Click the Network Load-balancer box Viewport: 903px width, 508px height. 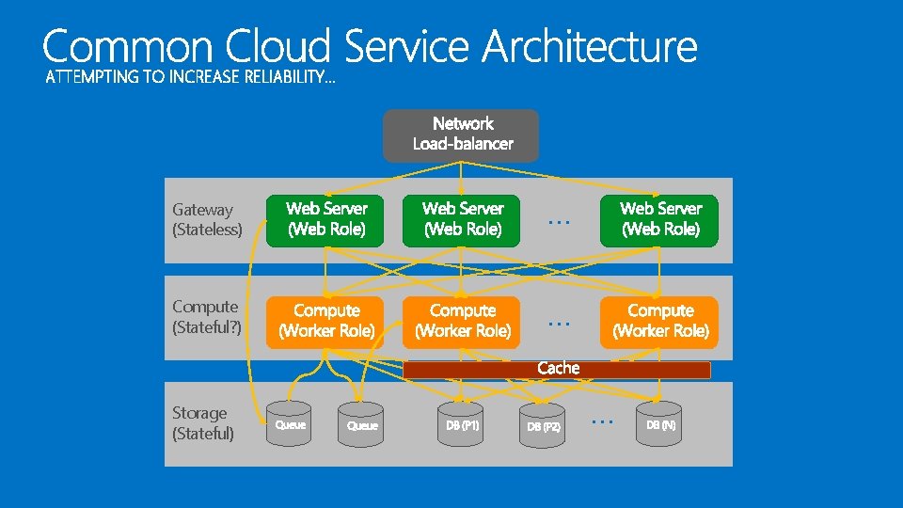point(461,135)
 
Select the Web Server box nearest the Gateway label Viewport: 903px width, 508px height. point(325,219)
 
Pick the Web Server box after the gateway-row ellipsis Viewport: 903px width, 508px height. point(659,219)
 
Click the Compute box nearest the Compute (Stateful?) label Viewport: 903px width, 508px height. point(325,322)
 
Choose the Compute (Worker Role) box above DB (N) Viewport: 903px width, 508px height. point(659,322)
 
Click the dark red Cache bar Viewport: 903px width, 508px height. point(557,370)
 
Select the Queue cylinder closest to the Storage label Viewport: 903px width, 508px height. point(289,424)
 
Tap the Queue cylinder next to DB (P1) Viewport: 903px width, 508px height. point(361,425)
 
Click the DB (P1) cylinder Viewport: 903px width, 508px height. point(462,424)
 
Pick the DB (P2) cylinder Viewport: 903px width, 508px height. point(543,426)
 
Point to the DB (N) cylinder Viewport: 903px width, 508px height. point(659,424)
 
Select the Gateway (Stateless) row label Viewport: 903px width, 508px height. point(207,219)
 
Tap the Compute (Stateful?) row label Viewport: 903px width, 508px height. point(207,316)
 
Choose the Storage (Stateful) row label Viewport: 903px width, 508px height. point(203,422)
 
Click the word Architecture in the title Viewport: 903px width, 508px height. point(591,47)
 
